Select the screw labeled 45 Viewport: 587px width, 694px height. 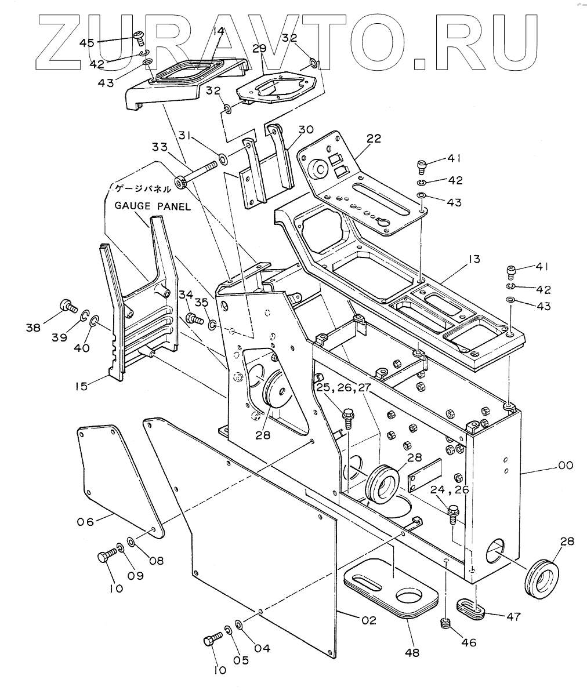coord(139,37)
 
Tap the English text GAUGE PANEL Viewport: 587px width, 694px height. coord(152,206)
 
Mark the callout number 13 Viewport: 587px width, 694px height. coord(474,258)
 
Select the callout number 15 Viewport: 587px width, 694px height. coord(81,386)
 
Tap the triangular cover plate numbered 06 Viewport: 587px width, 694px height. coord(113,475)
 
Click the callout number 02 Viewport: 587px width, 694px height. coord(368,620)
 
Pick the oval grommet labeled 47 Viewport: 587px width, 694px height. coord(471,607)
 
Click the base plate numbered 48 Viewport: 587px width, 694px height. coord(392,588)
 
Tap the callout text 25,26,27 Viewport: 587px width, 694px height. coord(344,387)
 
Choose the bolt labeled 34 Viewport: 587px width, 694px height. coord(192,318)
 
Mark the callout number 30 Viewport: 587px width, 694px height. coord(306,129)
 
